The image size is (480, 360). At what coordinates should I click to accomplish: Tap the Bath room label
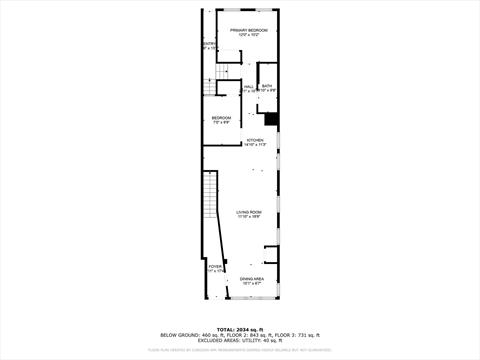267,86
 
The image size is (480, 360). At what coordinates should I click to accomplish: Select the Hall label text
249,86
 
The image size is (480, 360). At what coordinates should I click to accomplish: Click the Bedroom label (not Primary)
221,118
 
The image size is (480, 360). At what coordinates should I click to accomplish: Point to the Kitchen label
256,141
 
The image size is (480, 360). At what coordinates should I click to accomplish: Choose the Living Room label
249,212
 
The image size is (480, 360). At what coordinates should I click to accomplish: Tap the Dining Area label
252,278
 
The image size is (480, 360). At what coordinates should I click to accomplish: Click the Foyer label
214,267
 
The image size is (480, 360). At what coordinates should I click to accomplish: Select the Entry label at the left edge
208,43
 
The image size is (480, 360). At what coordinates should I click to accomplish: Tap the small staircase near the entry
229,70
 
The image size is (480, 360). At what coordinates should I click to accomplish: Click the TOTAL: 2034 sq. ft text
240,327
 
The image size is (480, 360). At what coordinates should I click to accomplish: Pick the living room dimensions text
249,217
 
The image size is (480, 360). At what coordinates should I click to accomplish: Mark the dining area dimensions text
252,283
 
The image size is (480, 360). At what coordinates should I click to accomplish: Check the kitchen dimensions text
256,146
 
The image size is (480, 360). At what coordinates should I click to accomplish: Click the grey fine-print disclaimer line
240,350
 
